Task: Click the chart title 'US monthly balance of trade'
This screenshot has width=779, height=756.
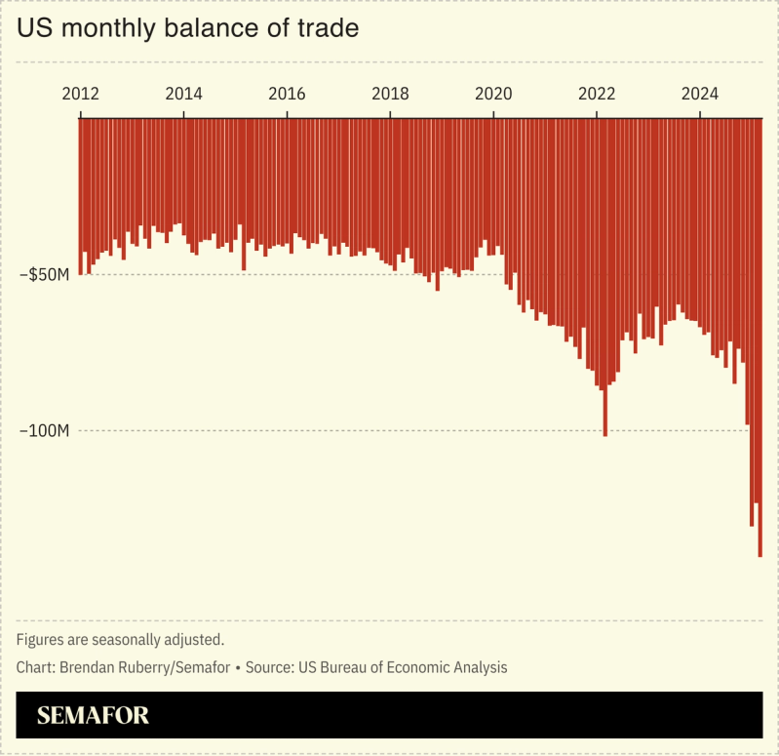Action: pyautogui.click(x=188, y=29)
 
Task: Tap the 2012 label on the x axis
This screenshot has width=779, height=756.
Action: pyautogui.click(x=80, y=95)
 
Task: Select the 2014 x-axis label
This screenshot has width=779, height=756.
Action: pyautogui.click(x=183, y=95)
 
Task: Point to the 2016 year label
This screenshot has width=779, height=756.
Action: pyautogui.click(x=287, y=95)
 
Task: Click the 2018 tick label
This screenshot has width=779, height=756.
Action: pyautogui.click(x=390, y=95)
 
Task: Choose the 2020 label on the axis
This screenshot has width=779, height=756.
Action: pyautogui.click(x=493, y=95)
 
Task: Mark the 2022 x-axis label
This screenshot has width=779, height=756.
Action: pyautogui.click(x=597, y=95)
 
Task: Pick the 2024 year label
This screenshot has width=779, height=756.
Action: pyautogui.click(x=700, y=95)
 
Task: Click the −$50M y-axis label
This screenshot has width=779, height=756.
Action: pyautogui.click(x=44, y=275)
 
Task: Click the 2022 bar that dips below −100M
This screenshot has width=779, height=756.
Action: pyautogui.click(x=605, y=293)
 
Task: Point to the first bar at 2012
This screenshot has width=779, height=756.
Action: pyautogui.click(x=81, y=195)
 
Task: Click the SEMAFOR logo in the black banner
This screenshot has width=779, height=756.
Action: pyautogui.click(x=93, y=716)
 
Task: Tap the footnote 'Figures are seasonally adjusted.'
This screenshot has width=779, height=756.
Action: pyautogui.click(x=121, y=640)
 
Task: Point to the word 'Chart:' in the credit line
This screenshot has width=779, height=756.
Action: pyautogui.click(x=35, y=668)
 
